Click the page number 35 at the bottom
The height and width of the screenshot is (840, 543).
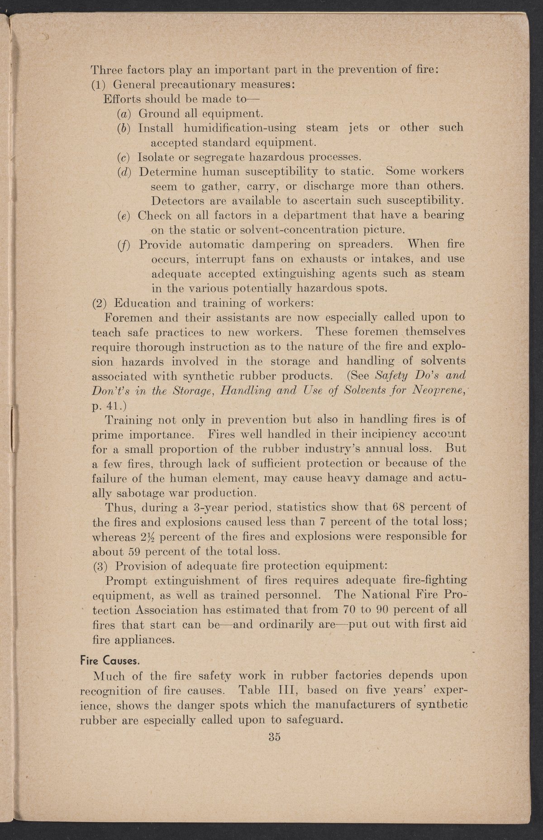coord(275,736)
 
